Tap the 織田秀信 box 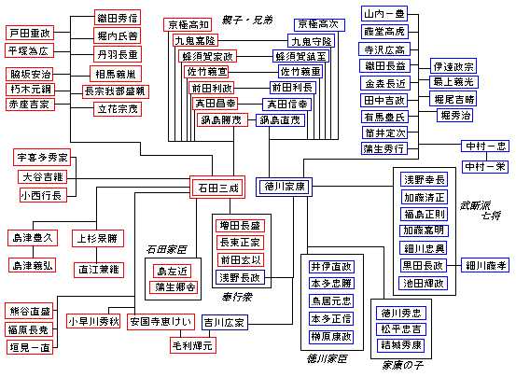tap(118, 17)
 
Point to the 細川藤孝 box tap(484, 265)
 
